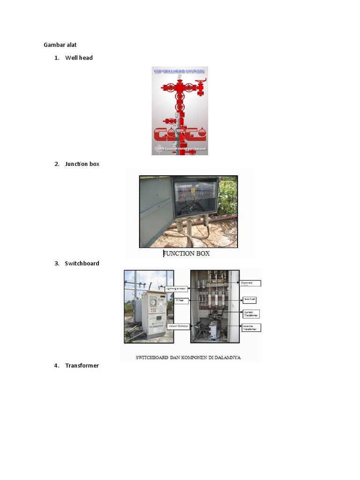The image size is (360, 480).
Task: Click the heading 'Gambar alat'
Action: point(60,45)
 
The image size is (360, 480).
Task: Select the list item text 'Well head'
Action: point(79,58)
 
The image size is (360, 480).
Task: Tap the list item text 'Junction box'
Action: point(82,164)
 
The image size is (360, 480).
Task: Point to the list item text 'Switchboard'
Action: point(82,263)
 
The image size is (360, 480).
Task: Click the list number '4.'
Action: point(57,366)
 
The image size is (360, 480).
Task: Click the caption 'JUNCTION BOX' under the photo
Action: point(186,254)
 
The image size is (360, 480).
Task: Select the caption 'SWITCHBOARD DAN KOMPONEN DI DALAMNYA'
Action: point(188,357)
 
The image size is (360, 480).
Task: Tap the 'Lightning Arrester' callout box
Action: point(177,289)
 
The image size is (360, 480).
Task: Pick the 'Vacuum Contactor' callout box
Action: point(178,326)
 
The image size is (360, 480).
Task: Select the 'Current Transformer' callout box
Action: point(251,314)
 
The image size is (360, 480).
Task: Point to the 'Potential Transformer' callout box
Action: point(251,328)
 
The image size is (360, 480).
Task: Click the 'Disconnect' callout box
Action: point(250,283)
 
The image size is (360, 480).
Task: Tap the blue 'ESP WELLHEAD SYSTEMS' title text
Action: point(180,71)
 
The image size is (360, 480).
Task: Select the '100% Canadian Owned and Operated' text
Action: point(180,149)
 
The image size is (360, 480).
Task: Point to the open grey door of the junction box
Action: point(156,211)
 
